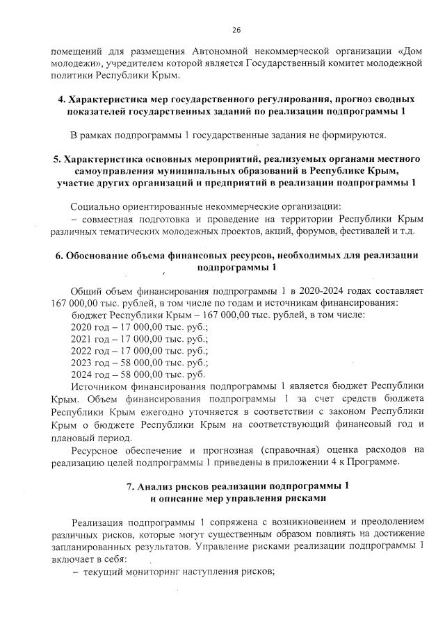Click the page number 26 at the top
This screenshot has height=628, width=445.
click(x=236, y=29)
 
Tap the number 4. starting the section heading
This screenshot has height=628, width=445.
click(x=62, y=99)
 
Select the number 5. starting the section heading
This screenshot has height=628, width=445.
click(x=57, y=159)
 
